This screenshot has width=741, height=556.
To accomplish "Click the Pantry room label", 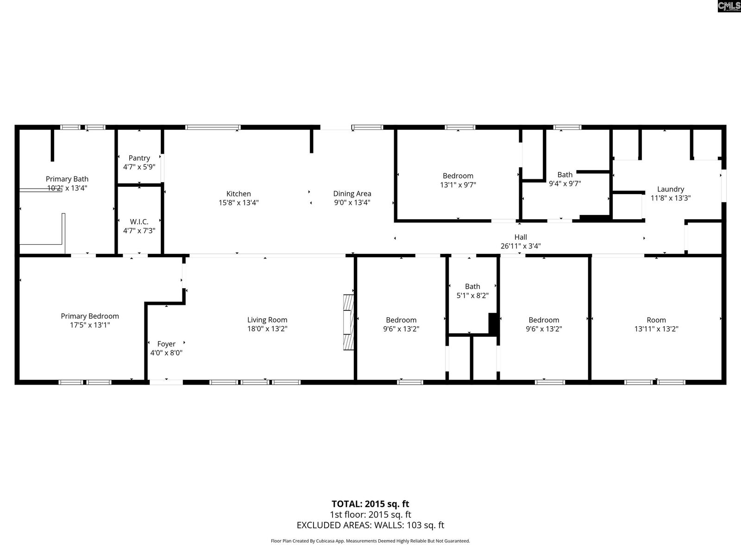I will click(139, 158).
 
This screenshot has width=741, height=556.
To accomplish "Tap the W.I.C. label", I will click(139, 222).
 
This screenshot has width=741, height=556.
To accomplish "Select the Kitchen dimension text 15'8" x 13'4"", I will click(239, 202).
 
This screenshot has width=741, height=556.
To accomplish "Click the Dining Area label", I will click(352, 194).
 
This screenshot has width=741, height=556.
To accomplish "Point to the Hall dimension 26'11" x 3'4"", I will click(521, 246).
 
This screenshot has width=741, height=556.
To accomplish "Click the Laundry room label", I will click(670, 189).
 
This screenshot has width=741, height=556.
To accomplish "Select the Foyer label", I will click(166, 344).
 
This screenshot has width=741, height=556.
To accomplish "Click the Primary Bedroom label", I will click(90, 316).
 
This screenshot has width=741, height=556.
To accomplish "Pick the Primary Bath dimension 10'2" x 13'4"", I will click(67, 188).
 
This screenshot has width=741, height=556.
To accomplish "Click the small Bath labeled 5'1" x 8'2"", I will click(472, 286).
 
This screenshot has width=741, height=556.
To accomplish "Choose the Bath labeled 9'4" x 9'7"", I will click(565, 175).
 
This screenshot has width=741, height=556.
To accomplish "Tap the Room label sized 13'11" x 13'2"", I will click(656, 320).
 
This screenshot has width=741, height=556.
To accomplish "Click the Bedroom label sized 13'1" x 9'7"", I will click(458, 176).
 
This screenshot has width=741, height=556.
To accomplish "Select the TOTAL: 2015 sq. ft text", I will click(370, 504).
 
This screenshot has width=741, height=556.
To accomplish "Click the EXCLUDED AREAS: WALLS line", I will click(370, 525).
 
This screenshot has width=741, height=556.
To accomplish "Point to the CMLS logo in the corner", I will click(729, 6).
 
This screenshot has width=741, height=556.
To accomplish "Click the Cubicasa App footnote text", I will click(370, 541).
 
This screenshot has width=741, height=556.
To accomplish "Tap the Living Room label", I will click(267, 320).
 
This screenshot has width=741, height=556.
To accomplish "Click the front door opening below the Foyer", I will click(166, 382).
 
